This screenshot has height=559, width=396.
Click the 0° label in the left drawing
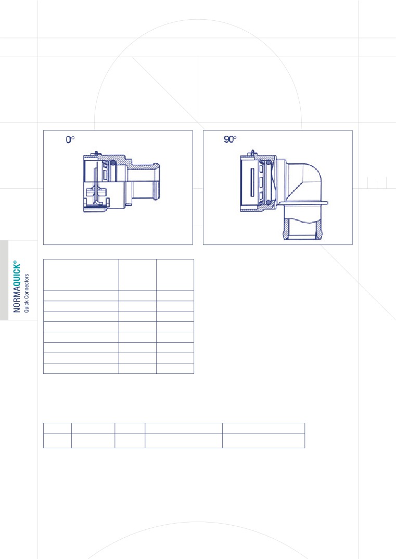70,139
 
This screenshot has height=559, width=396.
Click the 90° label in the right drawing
230,139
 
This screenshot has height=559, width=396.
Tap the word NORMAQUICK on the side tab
17,289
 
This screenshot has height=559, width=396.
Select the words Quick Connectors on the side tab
27,293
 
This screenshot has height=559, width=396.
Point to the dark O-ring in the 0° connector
113,164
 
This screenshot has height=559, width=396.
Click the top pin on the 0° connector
96,153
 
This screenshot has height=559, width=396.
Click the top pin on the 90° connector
252,153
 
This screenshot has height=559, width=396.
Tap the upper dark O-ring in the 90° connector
269,163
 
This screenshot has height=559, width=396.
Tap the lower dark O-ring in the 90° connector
269,202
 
